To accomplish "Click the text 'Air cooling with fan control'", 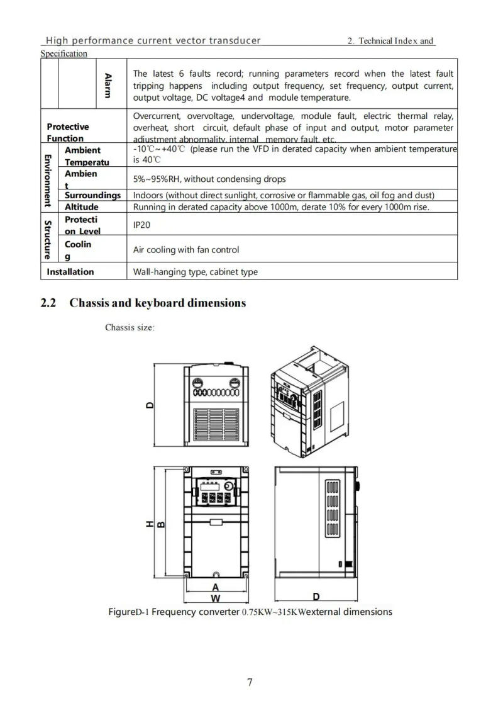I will click(x=186, y=250).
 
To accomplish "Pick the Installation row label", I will click(x=70, y=272).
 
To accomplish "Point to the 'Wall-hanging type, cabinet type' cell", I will click(x=196, y=273).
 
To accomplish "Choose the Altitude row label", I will click(x=82, y=207).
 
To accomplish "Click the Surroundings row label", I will click(x=92, y=195).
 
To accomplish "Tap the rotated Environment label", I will click(x=48, y=179).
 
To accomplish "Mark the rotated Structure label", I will click(x=48, y=239).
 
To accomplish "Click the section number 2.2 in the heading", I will click(x=48, y=303).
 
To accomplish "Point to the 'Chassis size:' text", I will click(x=130, y=327).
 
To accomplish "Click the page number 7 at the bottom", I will click(x=250, y=682).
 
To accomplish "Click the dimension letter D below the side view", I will click(x=316, y=596).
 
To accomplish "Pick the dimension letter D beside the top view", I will click(x=150, y=405).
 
